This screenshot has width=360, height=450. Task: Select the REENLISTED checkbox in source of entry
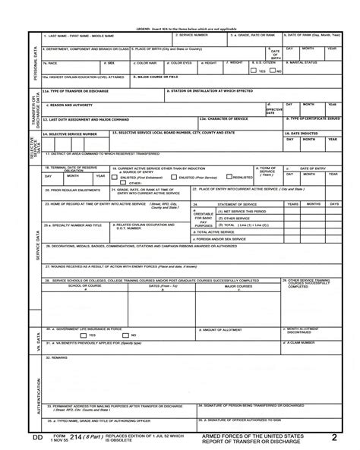229,177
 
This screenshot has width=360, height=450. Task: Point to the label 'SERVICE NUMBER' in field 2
193,35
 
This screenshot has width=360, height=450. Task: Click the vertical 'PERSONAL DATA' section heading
33,65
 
